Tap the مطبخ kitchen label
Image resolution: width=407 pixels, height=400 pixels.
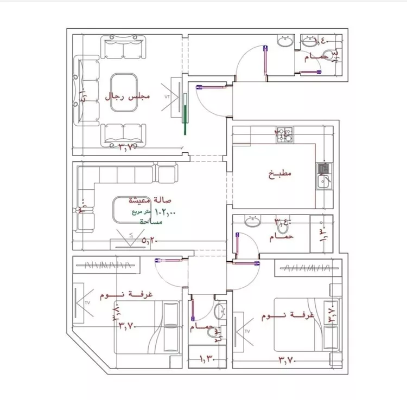[x=280, y=174]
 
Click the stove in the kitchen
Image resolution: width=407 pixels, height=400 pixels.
[x=285, y=134]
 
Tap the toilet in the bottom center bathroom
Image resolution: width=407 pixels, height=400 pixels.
[x=219, y=312]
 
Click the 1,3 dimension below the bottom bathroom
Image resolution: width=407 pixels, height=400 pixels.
[x=207, y=358]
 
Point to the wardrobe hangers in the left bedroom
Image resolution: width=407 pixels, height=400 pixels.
[x=109, y=265]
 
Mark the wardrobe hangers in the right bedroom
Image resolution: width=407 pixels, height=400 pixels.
[x=309, y=268]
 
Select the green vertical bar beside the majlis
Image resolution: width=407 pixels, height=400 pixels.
[x=185, y=114]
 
